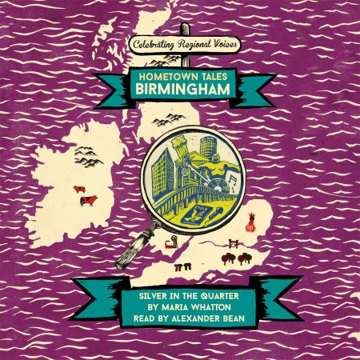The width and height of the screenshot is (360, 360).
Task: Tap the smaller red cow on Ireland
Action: [x=78, y=190]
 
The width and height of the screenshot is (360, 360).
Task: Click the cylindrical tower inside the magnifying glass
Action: [x=210, y=148]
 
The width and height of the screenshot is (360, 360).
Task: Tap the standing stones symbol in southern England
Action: [x=181, y=263]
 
